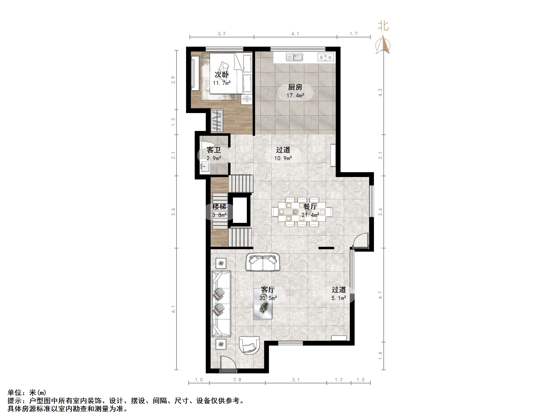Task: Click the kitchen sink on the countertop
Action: [x=294, y=57]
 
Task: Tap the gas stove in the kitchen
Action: [x=326, y=57]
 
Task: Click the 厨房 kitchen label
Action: [x=295, y=87]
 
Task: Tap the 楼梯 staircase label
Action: [x=219, y=207]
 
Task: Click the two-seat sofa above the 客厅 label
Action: [x=263, y=262]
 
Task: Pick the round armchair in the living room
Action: [x=249, y=345]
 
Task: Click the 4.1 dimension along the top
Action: [x=295, y=34]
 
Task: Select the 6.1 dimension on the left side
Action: [x=173, y=309]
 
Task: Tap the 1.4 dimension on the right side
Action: [x=380, y=356]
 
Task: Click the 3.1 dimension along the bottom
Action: [x=296, y=380]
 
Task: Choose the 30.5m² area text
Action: [x=268, y=298]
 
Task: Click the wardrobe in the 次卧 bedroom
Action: [x=217, y=120]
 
